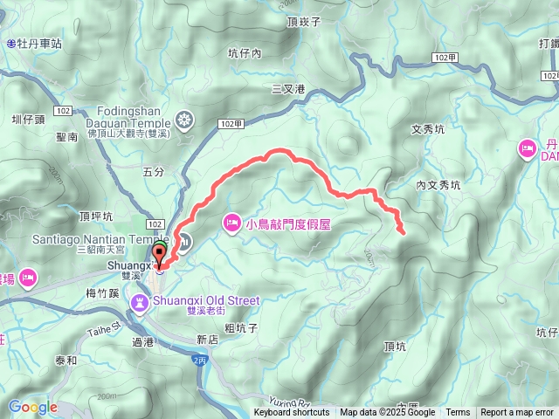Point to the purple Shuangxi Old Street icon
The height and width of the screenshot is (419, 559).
pyautogui.click(x=138, y=302)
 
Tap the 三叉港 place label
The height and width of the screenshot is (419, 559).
pyautogui.click(x=288, y=89)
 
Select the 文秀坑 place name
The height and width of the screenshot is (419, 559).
pyautogui.click(x=428, y=129)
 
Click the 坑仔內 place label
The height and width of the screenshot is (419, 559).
pyautogui.click(x=244, y=53)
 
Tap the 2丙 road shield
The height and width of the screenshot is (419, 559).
pyautogui.click(x=198, y=360)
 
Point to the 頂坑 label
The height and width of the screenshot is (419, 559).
pyautogui.click(x=395, y=347)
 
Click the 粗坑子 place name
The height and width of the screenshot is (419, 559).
pyautogui.click(x=240, y=329)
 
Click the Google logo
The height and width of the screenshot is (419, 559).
pyautogui.click(x=32, y=407)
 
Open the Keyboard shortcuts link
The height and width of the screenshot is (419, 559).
pyautogui.click(x=292, y=413)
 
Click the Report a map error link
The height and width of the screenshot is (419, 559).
pyautogui.click(x=517, y=413)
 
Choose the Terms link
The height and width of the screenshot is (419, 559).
pyautogui.click(x=458, y=413)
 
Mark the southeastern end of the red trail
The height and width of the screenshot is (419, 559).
pyautogui.click(x=403, y=233)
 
